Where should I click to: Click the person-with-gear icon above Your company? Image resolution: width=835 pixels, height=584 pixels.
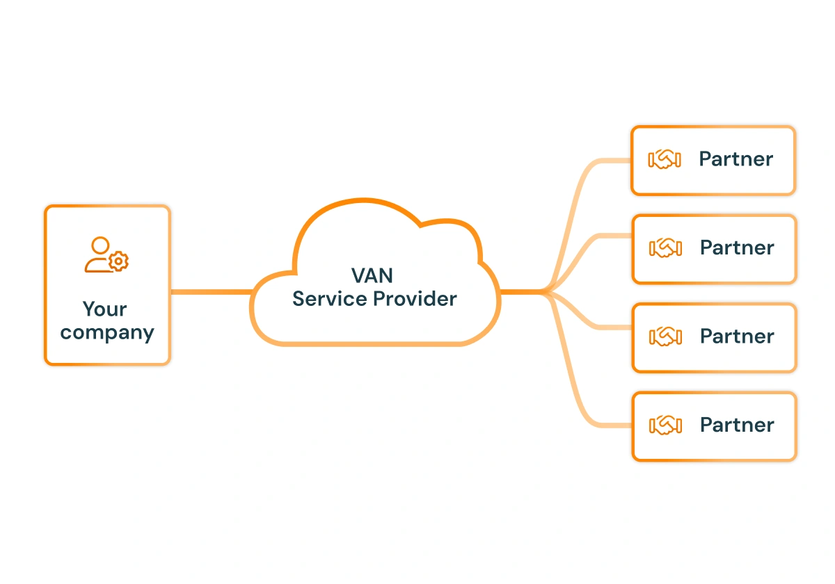(106, 254)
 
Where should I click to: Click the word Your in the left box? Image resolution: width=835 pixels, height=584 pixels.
(105, 309)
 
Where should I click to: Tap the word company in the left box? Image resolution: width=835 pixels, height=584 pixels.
(106, 332)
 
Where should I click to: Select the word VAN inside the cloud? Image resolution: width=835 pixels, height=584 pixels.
(372, 276)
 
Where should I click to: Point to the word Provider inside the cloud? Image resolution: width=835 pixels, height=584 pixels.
(415, 299)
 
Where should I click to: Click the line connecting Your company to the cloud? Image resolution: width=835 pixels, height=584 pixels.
(211, 292)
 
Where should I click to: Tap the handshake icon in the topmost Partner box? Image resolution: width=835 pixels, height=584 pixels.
(664, 159)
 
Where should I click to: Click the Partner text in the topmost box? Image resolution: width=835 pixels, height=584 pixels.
(736, 159)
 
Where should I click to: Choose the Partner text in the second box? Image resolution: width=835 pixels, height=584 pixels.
(737, 248)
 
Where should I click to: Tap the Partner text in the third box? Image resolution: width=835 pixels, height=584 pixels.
(737, 336)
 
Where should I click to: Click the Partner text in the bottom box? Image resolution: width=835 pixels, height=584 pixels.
(737, 425)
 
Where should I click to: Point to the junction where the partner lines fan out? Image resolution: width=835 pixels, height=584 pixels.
(546, 292)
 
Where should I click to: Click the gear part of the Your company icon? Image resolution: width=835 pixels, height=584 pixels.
(120, 261)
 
